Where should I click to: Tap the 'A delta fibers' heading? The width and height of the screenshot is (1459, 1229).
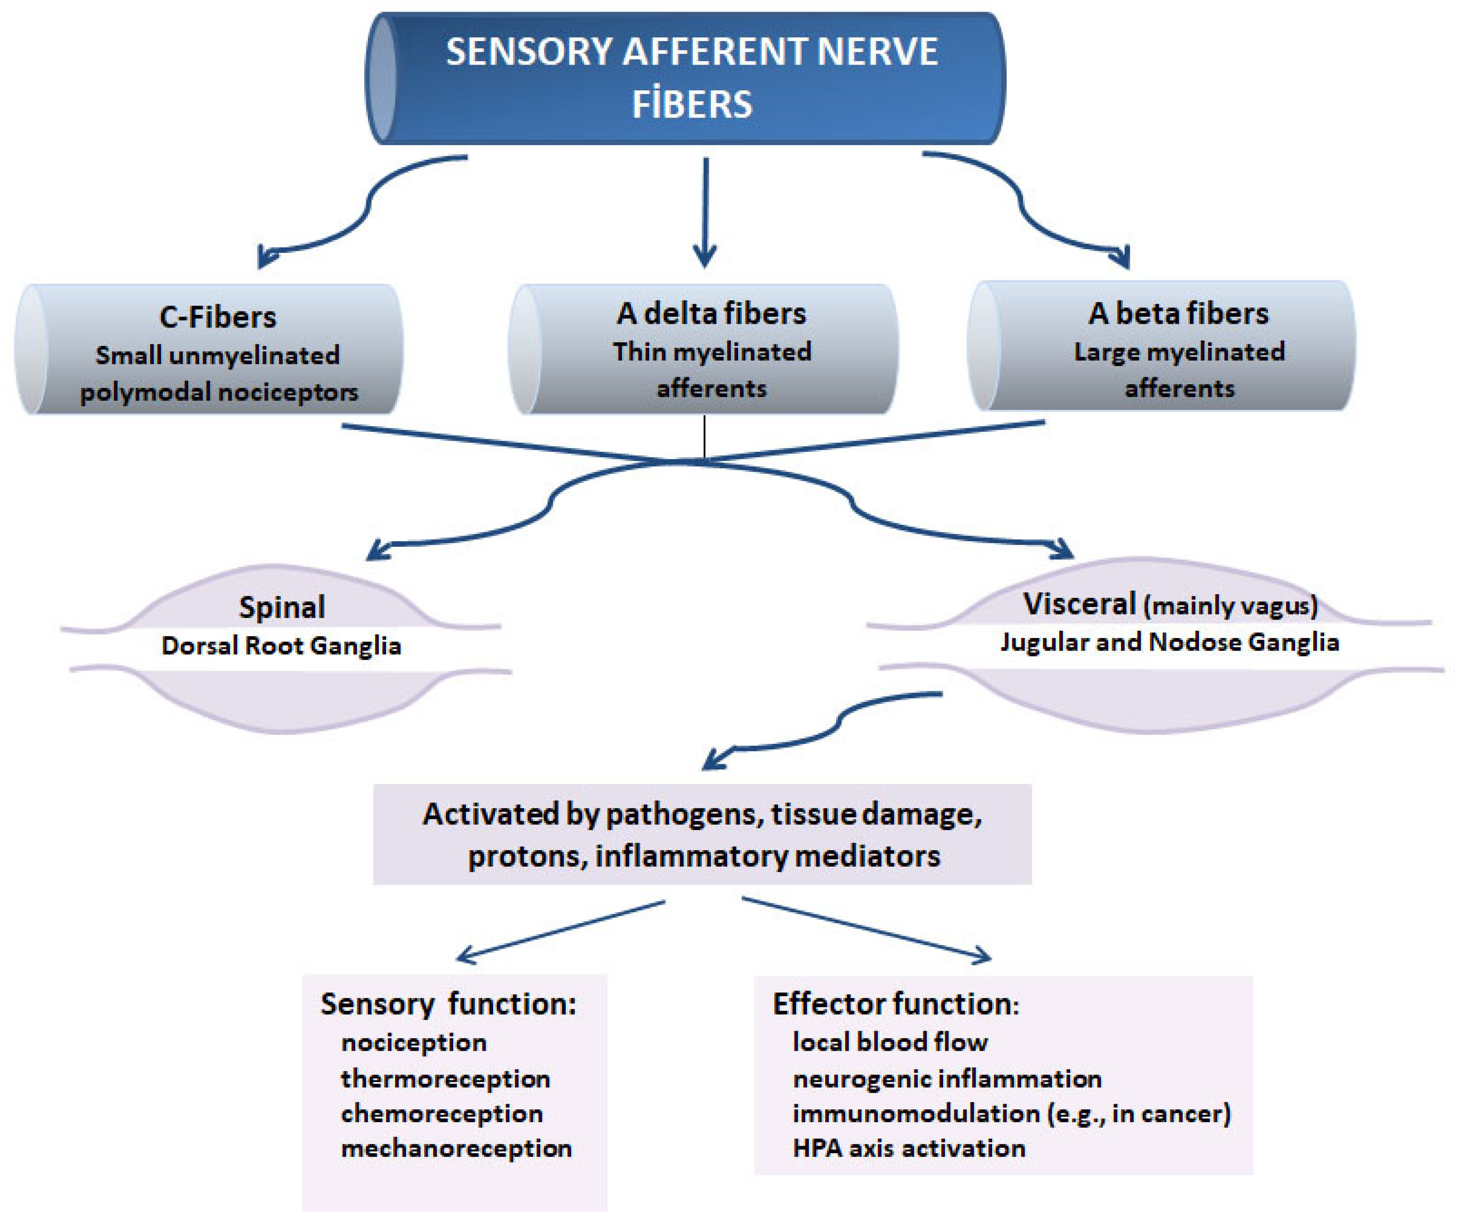[711, 313]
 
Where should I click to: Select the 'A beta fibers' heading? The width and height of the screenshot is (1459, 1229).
[1178, 313]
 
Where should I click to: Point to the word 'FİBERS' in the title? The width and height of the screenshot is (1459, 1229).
[692, 105]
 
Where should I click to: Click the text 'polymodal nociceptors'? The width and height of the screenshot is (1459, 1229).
[219, 392]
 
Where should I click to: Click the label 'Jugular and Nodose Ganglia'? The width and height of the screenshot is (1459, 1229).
[1169, 642]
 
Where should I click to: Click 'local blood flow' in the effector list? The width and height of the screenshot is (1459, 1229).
[890, 1041]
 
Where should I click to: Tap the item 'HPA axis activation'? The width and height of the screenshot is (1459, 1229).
[908, 1148]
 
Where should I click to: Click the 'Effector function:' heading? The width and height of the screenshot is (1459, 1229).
[895, 1004]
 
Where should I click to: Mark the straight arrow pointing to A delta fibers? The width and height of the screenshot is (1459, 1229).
[705, 213]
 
